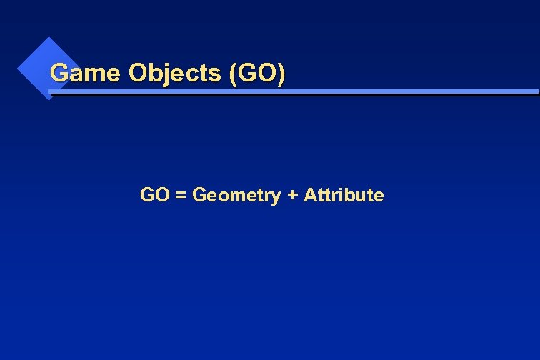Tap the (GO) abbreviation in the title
tap(257, 73)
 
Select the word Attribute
tap(344, 195)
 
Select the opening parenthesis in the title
tap(234, 74)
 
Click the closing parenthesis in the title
tap(281, 74)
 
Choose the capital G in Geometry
tap(200, 195)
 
